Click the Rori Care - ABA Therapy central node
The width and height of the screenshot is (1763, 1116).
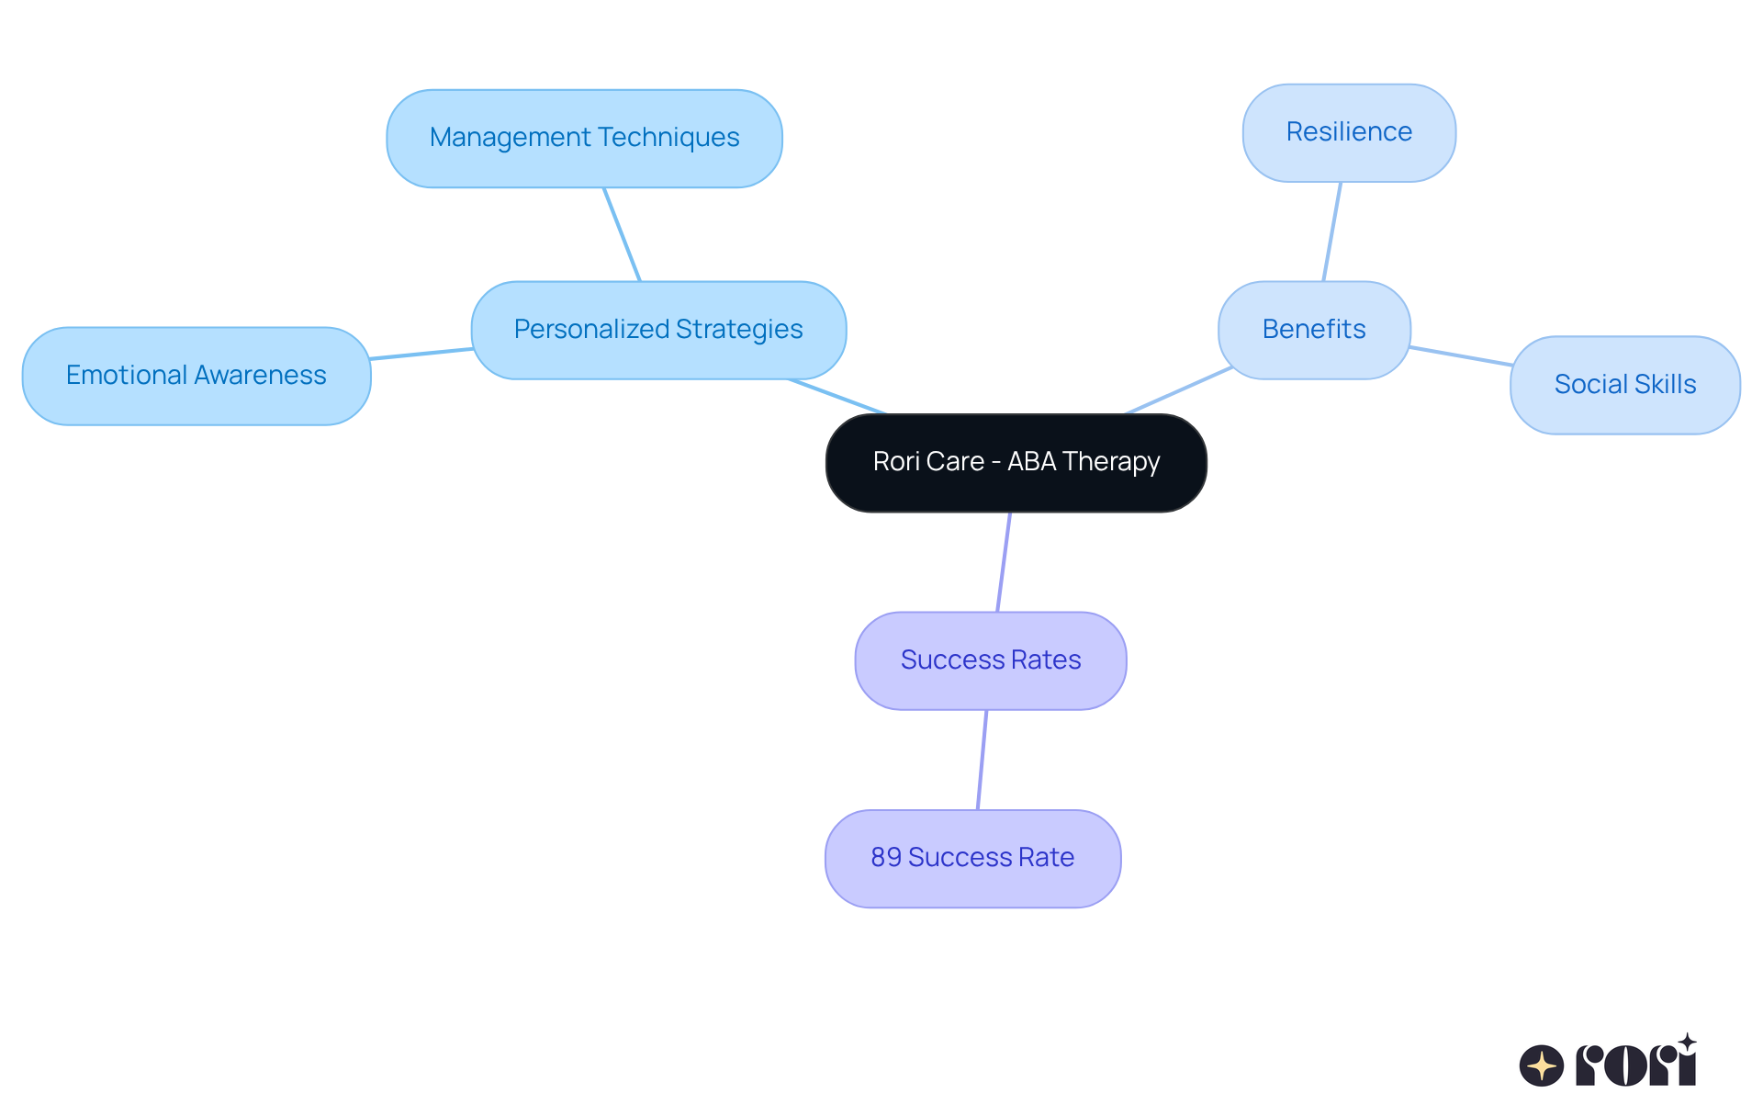pyautogui.click(x=1016, y=463)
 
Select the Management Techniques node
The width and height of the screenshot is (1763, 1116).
pyautogui.click(x=584, y=139)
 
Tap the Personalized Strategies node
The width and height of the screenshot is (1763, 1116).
pyautogui.click(x=658, y=330)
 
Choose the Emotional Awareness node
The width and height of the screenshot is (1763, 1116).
pyautogui.click(x=197, y=376)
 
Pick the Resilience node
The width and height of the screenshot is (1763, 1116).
pyautogui.click(x=1349, y=133)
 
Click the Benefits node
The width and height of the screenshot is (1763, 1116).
pyautogui.click(x=1314, y=330)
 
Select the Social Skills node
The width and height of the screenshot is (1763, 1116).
pyautogui.click(x=1624, y=385)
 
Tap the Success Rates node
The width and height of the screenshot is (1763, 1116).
pyautogui.click(x=991, y=660)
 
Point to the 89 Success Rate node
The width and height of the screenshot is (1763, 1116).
pyautogui.click(x=972, y=858)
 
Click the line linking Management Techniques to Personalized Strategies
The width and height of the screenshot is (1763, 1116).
pyautogui.click(x=622, y=234)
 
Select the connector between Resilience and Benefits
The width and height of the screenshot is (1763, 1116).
pyautogui.click(x=1332, y=231)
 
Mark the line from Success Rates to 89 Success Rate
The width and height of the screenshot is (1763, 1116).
pyautogui.click(x=983, y=760)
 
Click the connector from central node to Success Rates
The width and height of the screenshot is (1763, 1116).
pyautogui.click(x=1004, y=562)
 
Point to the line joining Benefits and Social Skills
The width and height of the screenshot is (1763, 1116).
pyautogui.click(x=1460, y=356)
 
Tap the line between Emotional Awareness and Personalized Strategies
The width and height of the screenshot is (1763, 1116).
pyautogui.click(x=421, y=354)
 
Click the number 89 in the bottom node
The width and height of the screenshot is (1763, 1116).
pyautogui.click(x=886, y=858)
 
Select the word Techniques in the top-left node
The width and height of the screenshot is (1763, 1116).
pyautogui.click(x=679, y=138)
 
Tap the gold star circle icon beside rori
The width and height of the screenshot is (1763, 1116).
pyautogui.click(x=1542, y=1065)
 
